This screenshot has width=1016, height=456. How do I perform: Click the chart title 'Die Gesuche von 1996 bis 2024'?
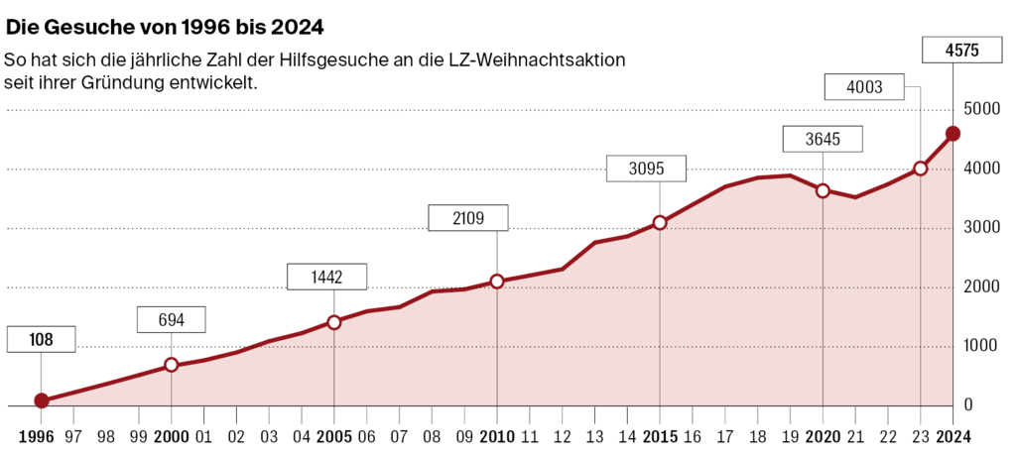[x=166, y=23]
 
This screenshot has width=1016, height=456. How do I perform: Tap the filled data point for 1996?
[x=41, y=400]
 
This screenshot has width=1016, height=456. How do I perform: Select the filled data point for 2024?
[x=952, y=134]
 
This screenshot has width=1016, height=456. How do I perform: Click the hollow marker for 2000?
[x=171, y=365]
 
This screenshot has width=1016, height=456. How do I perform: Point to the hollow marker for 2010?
[x=497, y=282]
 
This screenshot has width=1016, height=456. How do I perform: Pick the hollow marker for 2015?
[x=660, y=223]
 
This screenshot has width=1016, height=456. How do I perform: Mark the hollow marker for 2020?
[x=823, y=190]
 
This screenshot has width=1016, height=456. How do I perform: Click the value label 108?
[x=41, y=340]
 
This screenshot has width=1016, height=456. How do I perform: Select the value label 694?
[x=171, y=319]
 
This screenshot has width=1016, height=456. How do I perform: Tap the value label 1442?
[x=326, y=278]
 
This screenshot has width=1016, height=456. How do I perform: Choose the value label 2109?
[x=467, y=218]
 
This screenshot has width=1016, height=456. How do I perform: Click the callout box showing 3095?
[x=646, y=169]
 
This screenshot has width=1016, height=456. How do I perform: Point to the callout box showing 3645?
[x=823, y=139]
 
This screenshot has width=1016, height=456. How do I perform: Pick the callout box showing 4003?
[x=864, y=87]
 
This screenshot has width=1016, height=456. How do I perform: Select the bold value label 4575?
[x=952, y=50]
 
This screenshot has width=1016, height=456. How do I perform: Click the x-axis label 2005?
[x=333, y=435]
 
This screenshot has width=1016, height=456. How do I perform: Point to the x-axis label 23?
[x=920, y=435]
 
